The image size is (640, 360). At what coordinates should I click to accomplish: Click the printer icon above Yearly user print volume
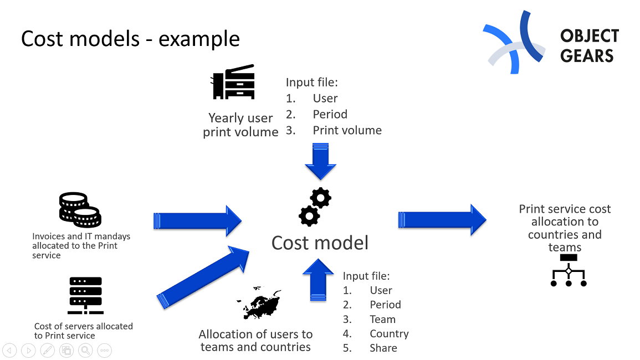point(233,83)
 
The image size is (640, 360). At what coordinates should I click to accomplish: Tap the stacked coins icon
point(80,210)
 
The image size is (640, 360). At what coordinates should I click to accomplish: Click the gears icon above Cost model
point(315,207)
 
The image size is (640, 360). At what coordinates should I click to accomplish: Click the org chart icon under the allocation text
point(569,271)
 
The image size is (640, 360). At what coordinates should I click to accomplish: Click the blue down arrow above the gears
point(321,161)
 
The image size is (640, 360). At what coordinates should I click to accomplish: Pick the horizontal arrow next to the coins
point(197,220)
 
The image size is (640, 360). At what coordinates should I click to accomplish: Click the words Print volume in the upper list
point(347,131)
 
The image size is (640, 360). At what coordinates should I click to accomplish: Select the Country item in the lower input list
point(389,334)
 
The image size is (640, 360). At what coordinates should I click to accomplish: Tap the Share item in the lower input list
point(383,348)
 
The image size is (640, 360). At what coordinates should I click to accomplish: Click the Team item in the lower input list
point(382,320)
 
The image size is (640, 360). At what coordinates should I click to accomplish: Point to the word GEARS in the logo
point(587,56)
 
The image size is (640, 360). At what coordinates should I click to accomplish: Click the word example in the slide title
point(199,39)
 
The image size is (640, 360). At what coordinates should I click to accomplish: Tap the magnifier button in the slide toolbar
point(85,350)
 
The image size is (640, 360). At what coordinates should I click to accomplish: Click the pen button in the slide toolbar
point(48,350)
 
